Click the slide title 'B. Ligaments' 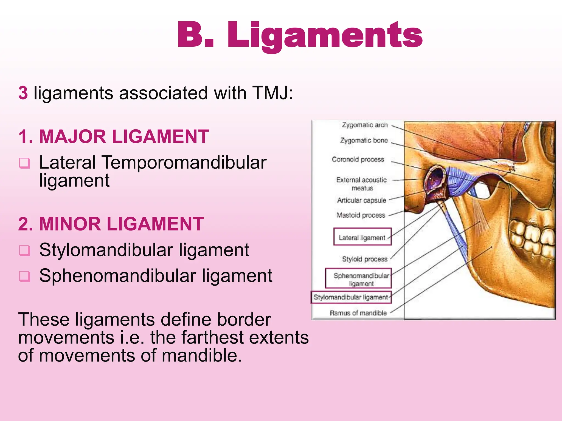pos(300,35)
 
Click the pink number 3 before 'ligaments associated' pos(23,93)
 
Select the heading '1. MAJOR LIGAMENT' pos(114,136)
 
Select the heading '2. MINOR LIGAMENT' pos(111,224)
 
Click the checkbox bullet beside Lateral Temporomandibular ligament pos(24,163)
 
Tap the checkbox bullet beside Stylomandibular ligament pos(24,250)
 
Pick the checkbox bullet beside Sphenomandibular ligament pos(24,276)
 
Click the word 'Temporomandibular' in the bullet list pos(184,163)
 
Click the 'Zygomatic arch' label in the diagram pos(365,125)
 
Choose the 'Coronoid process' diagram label pos(358,160)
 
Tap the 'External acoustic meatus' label pos(362,184)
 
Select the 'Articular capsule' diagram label pos(362,200)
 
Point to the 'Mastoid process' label pos(361,215)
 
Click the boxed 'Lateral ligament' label pos(362,237)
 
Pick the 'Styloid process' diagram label pos(365,259)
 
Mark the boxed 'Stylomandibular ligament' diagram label pos(351,297)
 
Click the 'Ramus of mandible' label pos(358,313)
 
